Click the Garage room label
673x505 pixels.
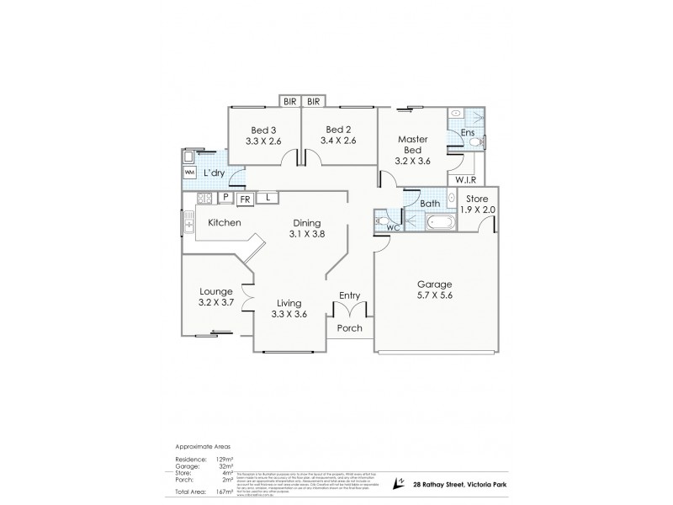435,284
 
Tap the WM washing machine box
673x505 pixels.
189,173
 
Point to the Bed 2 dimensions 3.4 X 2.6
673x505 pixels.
338,141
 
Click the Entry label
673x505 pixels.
349,295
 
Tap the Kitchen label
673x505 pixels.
225,222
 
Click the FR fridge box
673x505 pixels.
244,199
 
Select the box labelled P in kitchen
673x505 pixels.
225,198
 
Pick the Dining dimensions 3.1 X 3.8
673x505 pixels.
306,234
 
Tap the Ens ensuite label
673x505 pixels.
468,133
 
